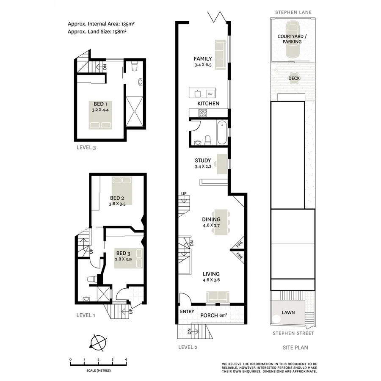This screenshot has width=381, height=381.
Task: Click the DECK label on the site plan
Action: pos(294,78)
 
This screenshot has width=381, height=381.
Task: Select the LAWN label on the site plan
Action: pos(288,313)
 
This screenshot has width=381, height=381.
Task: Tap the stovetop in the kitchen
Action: pos(202,113)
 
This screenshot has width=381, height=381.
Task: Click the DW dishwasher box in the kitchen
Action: pos(210,93)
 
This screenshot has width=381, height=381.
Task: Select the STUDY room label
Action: pos(203,161)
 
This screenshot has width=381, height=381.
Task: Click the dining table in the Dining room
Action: pos(221,222)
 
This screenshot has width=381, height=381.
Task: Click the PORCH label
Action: pos(210,315)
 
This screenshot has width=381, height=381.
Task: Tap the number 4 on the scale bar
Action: pos(126,360)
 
